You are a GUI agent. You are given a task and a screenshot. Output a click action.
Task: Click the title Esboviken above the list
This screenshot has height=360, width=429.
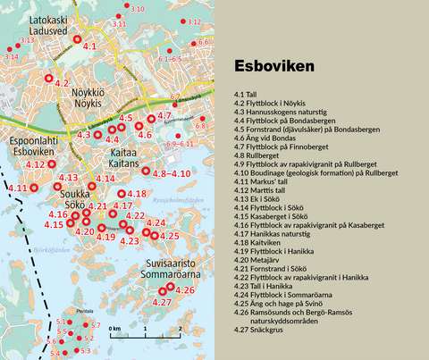point(273,67)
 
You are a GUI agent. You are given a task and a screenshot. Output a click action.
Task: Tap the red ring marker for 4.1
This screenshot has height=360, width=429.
point(76,42)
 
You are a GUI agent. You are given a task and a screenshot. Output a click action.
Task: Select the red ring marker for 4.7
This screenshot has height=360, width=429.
point(151,117)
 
